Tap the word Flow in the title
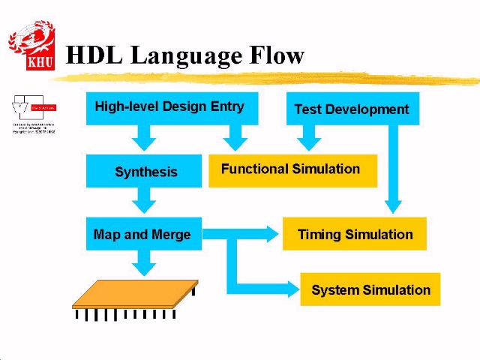(276, 55)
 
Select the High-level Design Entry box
(172, 107)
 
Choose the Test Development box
(352, 109)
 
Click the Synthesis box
(144, 171)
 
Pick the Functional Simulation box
(292, 169)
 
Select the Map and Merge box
(143, 234)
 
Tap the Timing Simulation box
(355, 234)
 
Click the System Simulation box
(370, 289)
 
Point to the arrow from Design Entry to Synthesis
(143, 136)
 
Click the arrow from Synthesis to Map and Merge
(143, 199)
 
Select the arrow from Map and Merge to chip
(143, 262)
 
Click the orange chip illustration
(135, 295)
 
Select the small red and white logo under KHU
(34, 114)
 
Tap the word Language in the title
(186, 56)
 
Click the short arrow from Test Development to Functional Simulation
(307, 136)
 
